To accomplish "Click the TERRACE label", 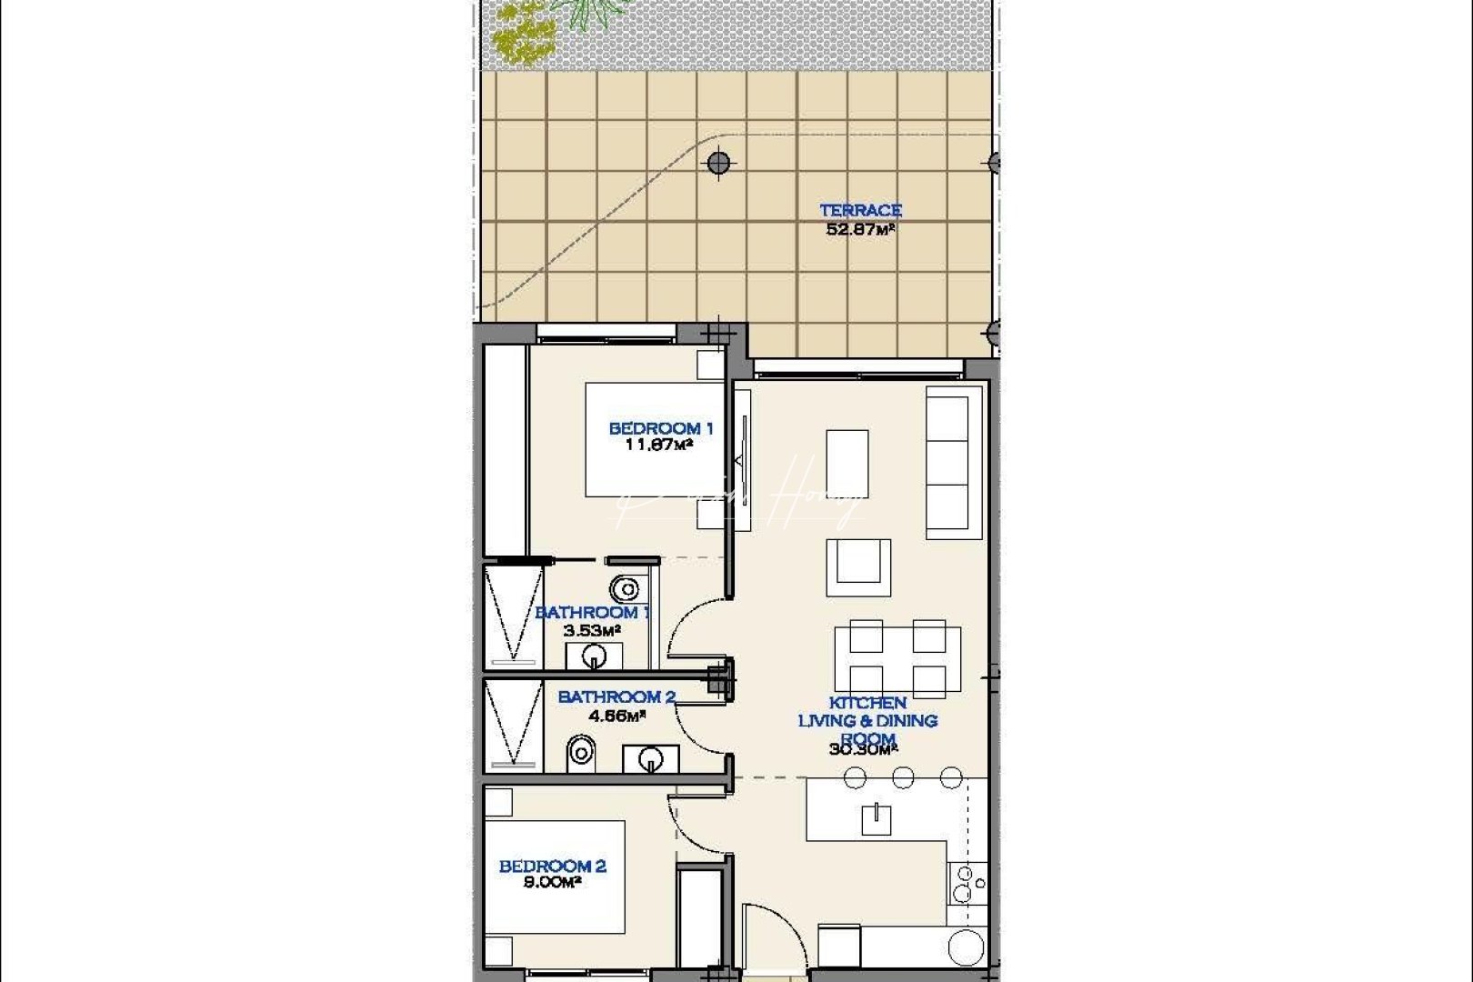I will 860,210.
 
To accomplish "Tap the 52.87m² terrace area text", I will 860,229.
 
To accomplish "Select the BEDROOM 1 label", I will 660,428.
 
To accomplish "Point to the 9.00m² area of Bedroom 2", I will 552,882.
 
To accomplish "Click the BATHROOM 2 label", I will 616,696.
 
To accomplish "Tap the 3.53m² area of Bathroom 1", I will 592,629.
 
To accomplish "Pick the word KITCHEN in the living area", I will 867,703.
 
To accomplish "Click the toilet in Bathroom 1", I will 624,590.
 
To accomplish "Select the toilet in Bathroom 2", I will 579,753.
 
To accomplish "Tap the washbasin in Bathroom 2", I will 650,757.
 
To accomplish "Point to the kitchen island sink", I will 877,818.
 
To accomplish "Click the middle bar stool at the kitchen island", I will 903,777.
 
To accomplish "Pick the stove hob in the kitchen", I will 967,882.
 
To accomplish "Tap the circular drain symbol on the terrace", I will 718,164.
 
